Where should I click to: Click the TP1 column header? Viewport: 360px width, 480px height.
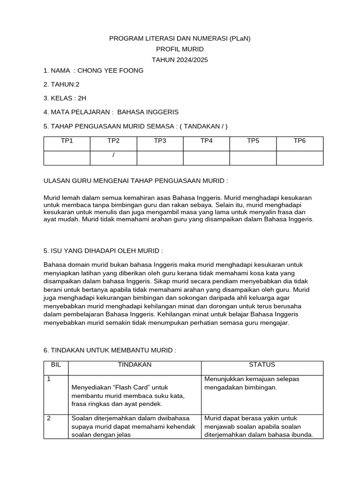[67, 141]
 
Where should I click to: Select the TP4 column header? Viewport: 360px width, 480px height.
[206, 141]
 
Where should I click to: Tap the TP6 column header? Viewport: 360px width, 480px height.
[300, 141]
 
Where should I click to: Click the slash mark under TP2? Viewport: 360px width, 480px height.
[113, 156]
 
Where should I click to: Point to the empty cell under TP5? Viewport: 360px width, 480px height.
[253, 158]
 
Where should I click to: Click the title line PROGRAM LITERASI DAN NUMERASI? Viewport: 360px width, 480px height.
[180, 38]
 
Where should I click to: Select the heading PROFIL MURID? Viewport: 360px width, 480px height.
[180, 49]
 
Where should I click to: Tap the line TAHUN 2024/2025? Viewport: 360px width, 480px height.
[180, 60]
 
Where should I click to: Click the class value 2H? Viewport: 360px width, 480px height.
[82, 98]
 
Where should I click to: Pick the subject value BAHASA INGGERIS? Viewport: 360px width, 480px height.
[148, 112]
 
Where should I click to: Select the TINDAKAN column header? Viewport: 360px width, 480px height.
[135, 365]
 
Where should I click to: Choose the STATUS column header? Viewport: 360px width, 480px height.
[262, 365]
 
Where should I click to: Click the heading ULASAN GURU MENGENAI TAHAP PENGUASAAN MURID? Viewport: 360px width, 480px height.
[135, 181]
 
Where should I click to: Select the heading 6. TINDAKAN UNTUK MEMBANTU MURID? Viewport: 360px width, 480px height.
[110, 351]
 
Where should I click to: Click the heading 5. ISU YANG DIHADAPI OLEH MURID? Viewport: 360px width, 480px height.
[103, 251]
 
